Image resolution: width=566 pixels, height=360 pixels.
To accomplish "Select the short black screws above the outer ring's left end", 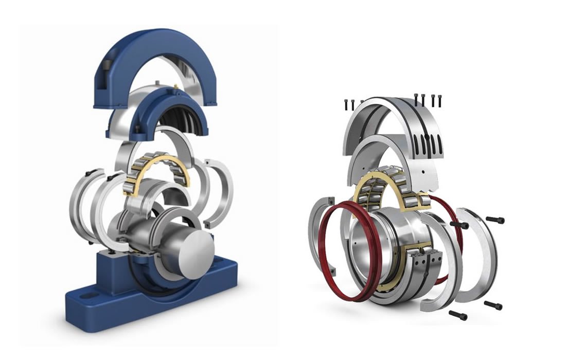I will point(350,104).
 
